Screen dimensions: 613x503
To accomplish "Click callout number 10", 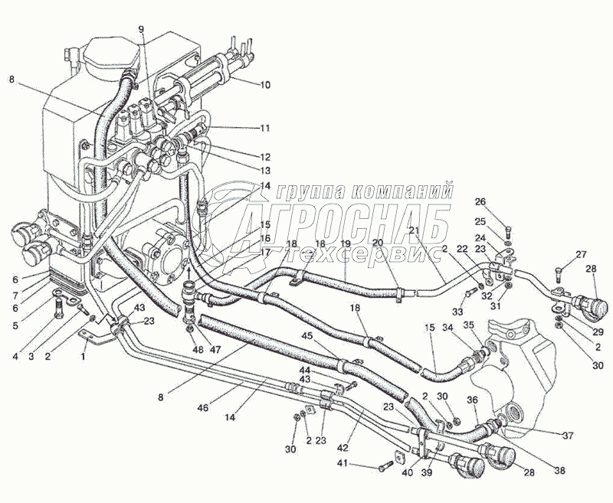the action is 265,85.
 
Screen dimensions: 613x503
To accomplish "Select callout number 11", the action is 265,128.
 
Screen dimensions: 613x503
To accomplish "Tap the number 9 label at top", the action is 141,28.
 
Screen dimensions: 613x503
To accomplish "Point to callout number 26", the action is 481,202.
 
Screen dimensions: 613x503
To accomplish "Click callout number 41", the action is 343,464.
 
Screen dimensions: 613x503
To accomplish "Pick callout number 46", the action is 203,408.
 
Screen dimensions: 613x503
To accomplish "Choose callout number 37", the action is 568,435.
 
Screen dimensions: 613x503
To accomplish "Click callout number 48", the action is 198,349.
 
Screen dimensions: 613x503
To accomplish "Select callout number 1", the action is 83,356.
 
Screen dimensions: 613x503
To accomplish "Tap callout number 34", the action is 448,327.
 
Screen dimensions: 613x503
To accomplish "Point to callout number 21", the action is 414,230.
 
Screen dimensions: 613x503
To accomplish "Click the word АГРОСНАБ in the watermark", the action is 342,223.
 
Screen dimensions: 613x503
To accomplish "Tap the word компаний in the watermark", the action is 402,191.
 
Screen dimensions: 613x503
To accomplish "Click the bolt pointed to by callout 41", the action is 385,467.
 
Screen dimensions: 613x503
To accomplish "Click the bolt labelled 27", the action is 558,275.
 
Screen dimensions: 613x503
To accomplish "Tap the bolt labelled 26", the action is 508,233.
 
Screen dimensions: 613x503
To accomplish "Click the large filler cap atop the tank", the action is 110,56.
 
